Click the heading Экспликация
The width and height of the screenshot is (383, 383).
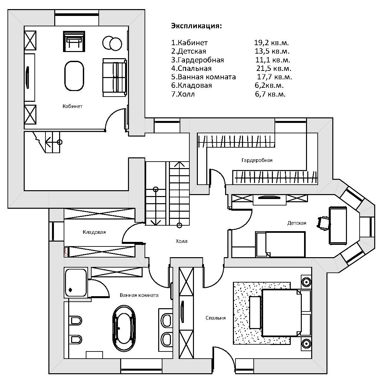pos(197,26)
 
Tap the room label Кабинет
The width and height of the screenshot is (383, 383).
pos(72,106)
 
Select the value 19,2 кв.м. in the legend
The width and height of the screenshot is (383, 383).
pos(271,43)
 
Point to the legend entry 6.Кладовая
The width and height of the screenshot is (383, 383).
pos(192,86)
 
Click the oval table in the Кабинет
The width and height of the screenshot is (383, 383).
pos(74,76)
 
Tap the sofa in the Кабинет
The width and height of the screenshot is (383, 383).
pos(115,77)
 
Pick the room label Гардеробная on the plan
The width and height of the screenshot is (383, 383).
pos(257,160)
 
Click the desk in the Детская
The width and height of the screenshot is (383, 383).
pos(338,225)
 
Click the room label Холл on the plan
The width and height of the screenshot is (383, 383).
pos(182,241)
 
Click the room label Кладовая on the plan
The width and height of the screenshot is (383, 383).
pos(94,232)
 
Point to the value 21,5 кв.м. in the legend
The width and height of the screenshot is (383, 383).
pos(274,68)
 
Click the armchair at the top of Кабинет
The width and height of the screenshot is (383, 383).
pos(74,41)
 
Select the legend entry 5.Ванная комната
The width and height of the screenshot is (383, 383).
pos(203,77)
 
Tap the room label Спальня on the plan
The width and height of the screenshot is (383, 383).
pos(216,318)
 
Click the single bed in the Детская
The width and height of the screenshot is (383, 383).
pos(280,244)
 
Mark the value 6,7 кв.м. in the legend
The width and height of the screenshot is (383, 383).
pos(270,94)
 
